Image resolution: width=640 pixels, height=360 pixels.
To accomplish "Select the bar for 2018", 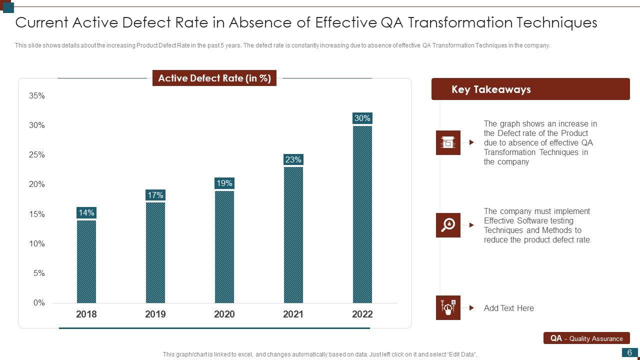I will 86,261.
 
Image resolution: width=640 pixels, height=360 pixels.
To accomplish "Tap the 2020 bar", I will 224,246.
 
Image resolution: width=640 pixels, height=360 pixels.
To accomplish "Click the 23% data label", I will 293,159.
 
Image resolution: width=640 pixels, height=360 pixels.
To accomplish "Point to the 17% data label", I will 155,195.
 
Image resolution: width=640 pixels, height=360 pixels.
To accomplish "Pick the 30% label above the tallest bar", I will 362,118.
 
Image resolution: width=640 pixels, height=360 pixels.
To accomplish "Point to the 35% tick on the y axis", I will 37,95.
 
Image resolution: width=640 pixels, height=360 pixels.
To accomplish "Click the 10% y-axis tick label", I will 37,243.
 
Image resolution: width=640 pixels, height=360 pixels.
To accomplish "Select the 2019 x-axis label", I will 155,314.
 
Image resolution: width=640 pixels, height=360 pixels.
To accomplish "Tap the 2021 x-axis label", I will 293,314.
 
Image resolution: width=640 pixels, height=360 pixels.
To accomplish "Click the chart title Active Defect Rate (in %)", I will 214,78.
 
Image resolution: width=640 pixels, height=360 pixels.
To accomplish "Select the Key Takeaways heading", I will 491,89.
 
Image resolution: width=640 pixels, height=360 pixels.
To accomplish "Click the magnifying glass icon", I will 448,225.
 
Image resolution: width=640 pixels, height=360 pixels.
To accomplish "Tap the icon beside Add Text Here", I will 448,307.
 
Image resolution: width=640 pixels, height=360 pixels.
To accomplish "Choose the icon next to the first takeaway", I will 448,142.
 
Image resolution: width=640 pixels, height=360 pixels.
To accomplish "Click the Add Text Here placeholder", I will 508,308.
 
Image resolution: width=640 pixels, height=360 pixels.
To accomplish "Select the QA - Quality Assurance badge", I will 586,338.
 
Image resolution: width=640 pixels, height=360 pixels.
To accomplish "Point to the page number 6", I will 630,352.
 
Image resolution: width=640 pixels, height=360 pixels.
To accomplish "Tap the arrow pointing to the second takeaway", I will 471,225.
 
